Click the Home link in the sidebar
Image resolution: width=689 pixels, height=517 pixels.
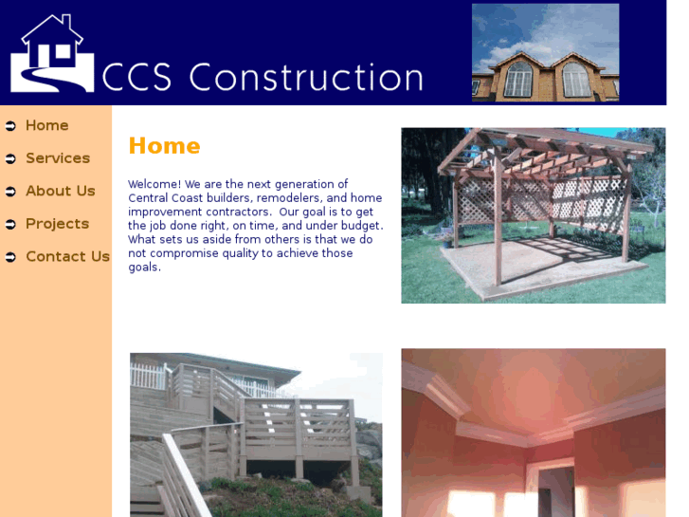tap(46, 125)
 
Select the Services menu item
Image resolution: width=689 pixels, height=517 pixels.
tap(57, 158)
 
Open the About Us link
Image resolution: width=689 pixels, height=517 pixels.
tap(60, 191)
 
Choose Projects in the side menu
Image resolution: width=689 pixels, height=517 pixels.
tap(57, 224)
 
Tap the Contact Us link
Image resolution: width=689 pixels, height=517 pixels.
tap(67, 256)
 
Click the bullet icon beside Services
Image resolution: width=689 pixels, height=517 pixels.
tap(10, 158)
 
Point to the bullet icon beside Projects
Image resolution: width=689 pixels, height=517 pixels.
tap(10, 224)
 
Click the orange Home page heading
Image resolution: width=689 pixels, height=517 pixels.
tap(164, 146)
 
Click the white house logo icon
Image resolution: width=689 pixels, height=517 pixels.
tap(51, 54)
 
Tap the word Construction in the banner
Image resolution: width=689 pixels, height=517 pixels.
tap(305, 78)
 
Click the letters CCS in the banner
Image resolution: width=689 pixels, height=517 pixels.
tap(136, 78)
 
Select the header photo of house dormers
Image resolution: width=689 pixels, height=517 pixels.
tap(545, 52)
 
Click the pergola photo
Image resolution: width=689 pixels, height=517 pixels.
tap(533, 215)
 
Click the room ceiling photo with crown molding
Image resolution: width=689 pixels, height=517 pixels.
tap(533, 432)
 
